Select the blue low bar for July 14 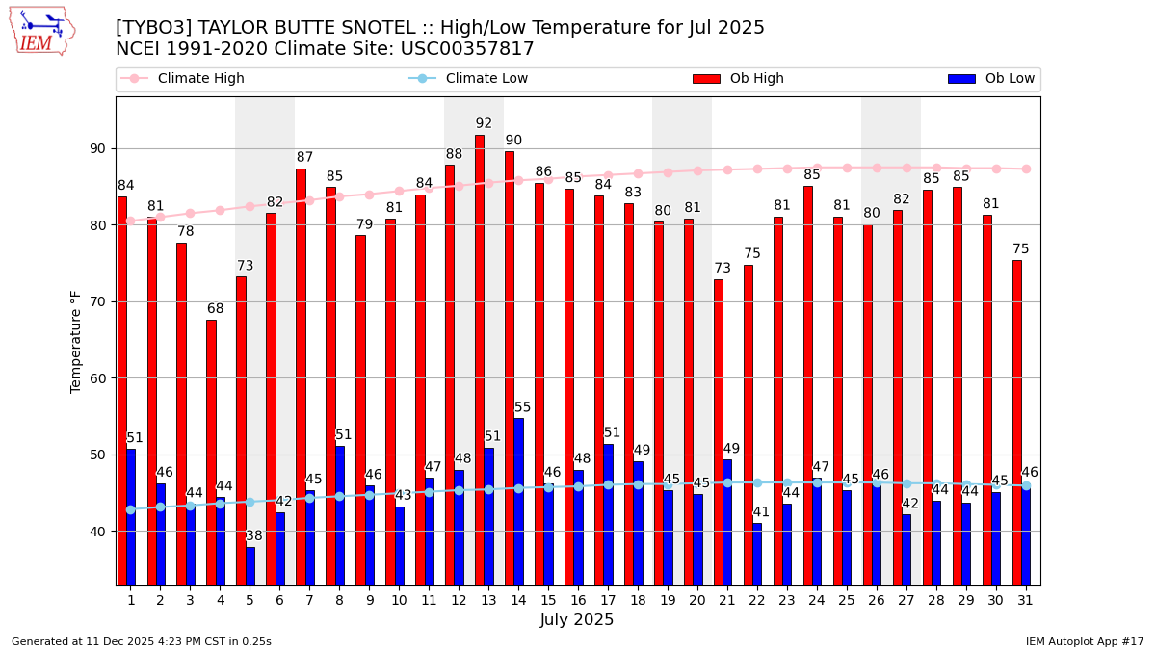coord(519,501)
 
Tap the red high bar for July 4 coord(211,452)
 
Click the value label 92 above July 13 coord(484,123)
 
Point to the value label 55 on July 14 coord(522,407)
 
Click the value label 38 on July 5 coord(253,536)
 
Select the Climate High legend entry coord(200,79)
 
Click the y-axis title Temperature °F coord(76,341)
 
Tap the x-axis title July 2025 coord(577,620)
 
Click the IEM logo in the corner coord(41,31)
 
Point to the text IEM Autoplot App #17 coord(1084,641)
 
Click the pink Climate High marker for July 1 coord(131,221)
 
